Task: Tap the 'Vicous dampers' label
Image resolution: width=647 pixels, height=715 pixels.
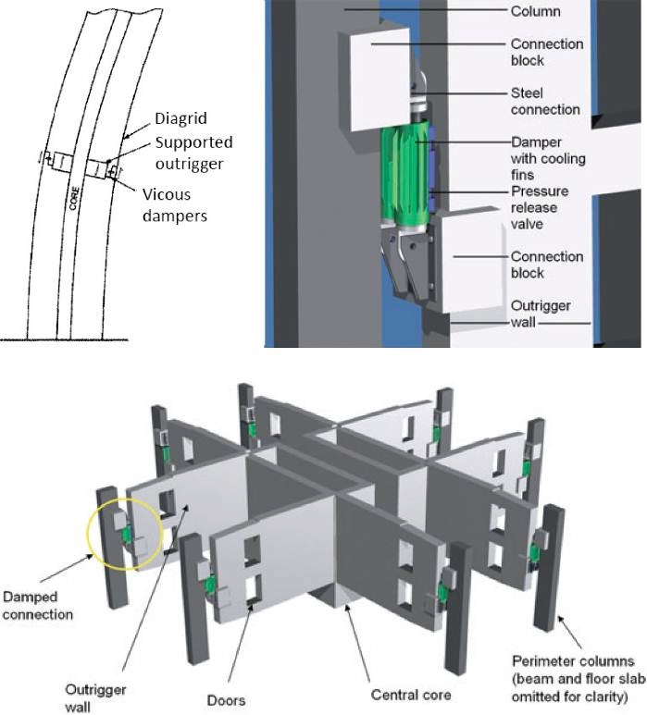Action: point(181,205)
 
